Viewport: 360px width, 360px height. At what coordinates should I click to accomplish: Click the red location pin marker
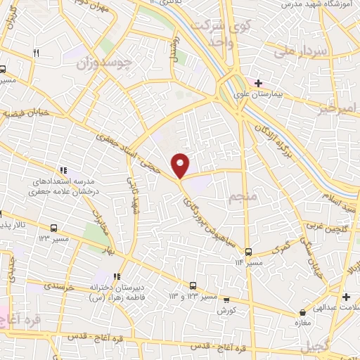pyautogui.click(x=181, y=165)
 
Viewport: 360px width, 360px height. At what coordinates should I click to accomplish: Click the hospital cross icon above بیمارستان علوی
pyautogui.click(x=259, y=83)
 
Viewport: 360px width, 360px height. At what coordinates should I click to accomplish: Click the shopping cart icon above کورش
pyautogui.click(x=224, y=298)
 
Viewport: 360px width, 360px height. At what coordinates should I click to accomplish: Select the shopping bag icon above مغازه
pyautogui.click(x=302, y=312)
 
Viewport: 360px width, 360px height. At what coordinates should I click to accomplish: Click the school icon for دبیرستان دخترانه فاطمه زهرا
pyautogui.click(x=117, y=277)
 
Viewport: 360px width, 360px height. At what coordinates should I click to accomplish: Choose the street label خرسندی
pyautogui.click(x=61, y=286)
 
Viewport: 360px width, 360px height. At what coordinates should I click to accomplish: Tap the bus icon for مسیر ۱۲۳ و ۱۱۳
pyautogui.click(x=193, y=285)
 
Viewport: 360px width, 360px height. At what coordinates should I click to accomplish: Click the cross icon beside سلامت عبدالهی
pyautogui.click(x=345, y=296)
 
